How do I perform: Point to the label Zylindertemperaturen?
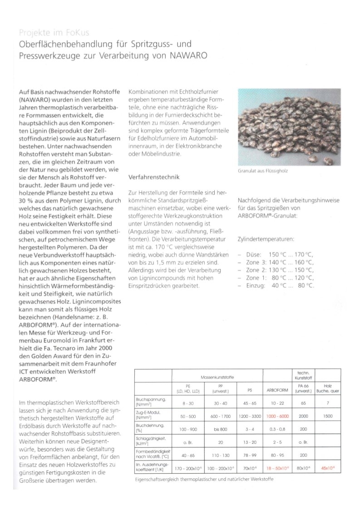(x=266, y=238)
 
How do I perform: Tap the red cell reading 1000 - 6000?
(x=278, y=416)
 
